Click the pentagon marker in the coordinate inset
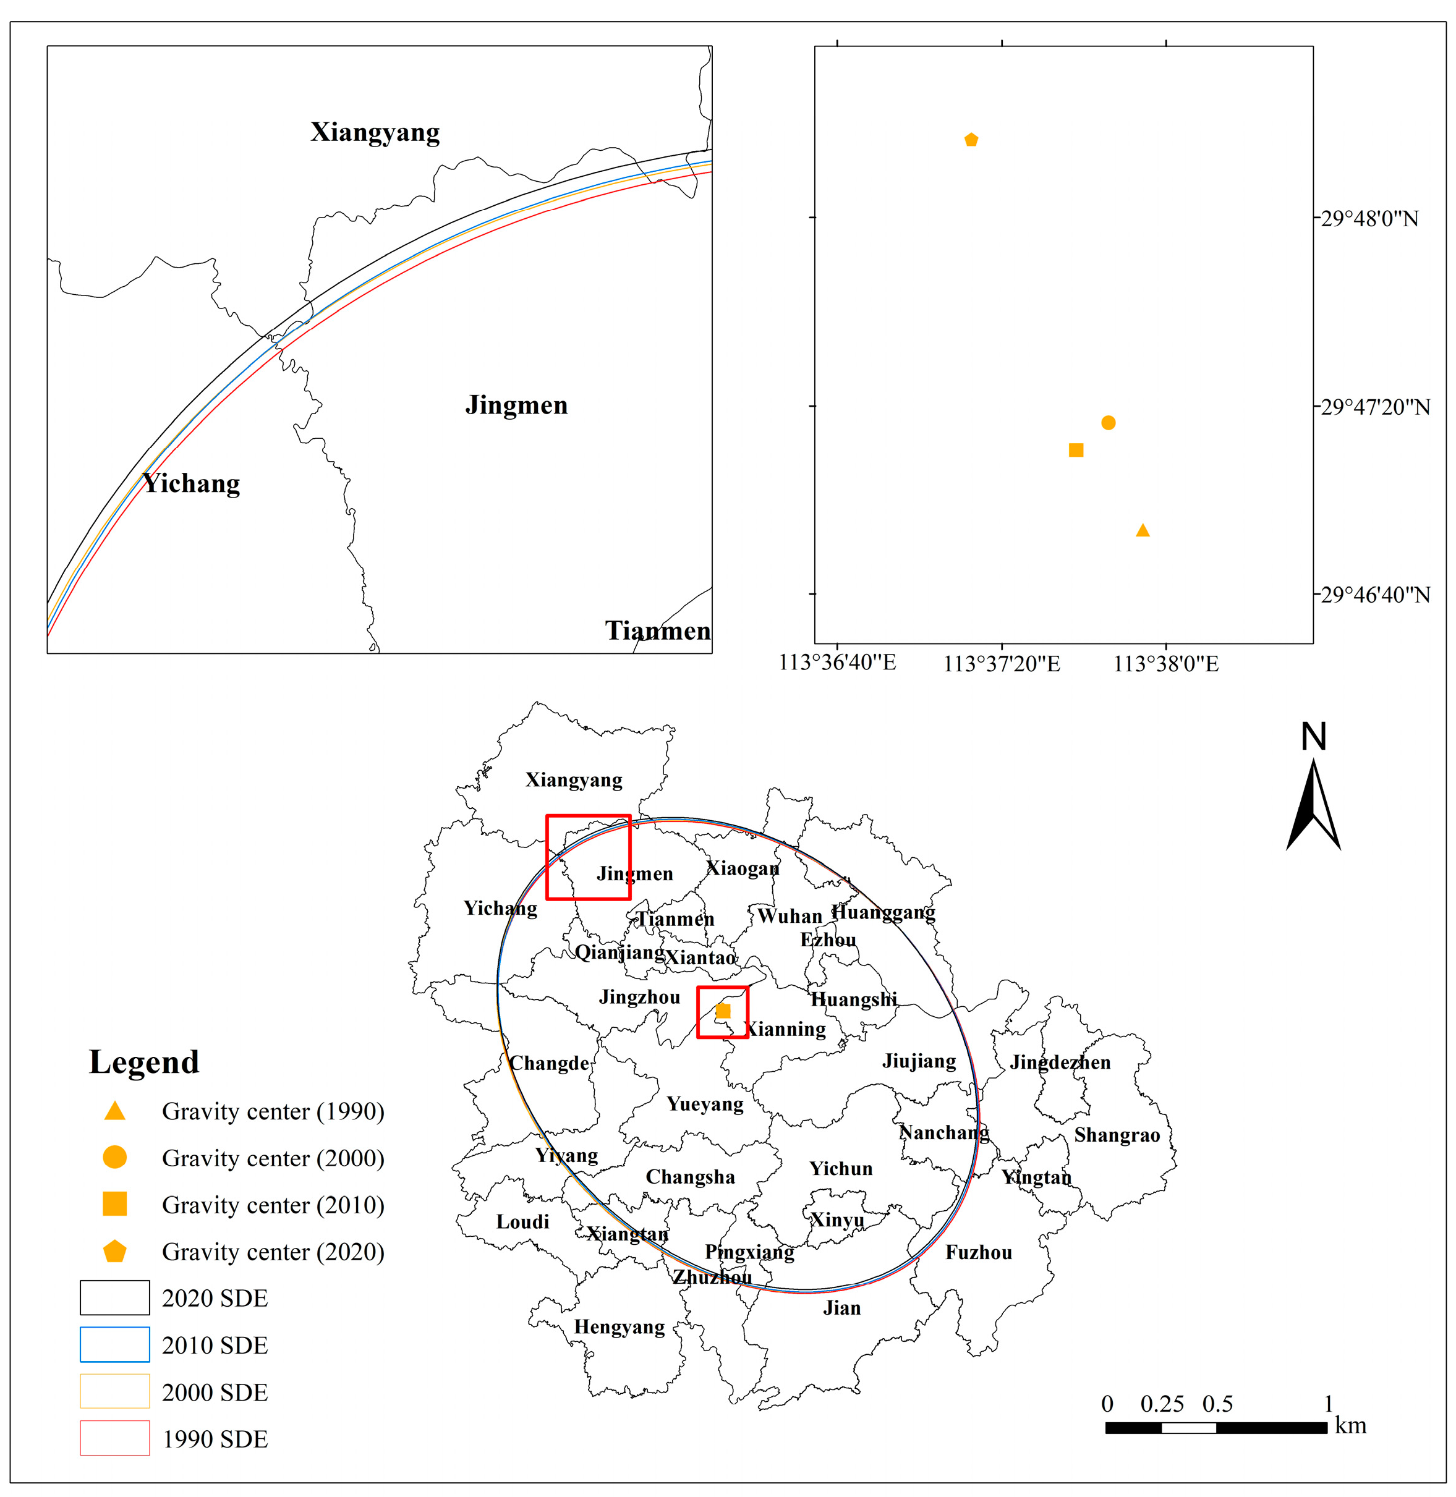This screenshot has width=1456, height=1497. [x=971, y=140]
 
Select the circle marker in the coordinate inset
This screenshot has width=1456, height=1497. [x=1108, y=423]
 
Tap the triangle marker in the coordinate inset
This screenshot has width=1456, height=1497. [x=1143, y=530]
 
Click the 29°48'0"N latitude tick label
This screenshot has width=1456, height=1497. [x=1369, y=219]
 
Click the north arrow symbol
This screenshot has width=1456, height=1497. [x=1314, y=803]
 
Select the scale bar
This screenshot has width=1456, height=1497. [x=1216, y=1427]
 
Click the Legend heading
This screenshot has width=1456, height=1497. [x=144, y=1062]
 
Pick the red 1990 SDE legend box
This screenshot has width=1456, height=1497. [x=115, y=1438]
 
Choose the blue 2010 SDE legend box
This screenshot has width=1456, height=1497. [x=115, y=1345]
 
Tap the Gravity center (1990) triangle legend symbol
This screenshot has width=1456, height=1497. [x=115, y=1111]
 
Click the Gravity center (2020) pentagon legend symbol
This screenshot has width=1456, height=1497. [x=115, y=1252]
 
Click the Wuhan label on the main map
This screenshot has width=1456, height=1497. [x=789, y=916]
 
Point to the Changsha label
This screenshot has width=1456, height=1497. [x=690, y=1177]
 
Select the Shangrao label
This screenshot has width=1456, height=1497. [x=1117, y=1135]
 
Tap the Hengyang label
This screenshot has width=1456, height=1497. [x=619, y=1326]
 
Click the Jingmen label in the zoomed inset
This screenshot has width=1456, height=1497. [x=516, y=405]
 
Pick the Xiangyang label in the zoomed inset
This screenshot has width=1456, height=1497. [x=375, y=132]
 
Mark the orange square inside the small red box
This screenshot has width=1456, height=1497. [x=723, y=1011]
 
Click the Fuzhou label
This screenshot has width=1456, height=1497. [x=978, y=1252]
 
